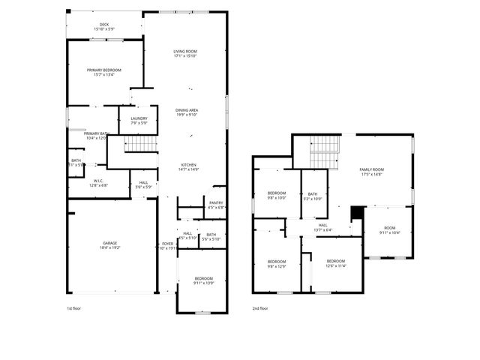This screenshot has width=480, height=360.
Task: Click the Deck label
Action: (104, 26)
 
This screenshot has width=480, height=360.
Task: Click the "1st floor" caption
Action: (74, 308)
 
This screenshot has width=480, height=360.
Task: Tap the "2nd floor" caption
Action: (259, 308)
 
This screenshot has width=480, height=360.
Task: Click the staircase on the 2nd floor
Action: (325, 152)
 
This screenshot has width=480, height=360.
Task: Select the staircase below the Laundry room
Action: (140, 143)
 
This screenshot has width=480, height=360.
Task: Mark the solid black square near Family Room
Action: (357, 213)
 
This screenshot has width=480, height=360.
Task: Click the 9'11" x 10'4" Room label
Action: (389, 230)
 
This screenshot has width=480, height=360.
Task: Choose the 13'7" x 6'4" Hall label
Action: (322, 227)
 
